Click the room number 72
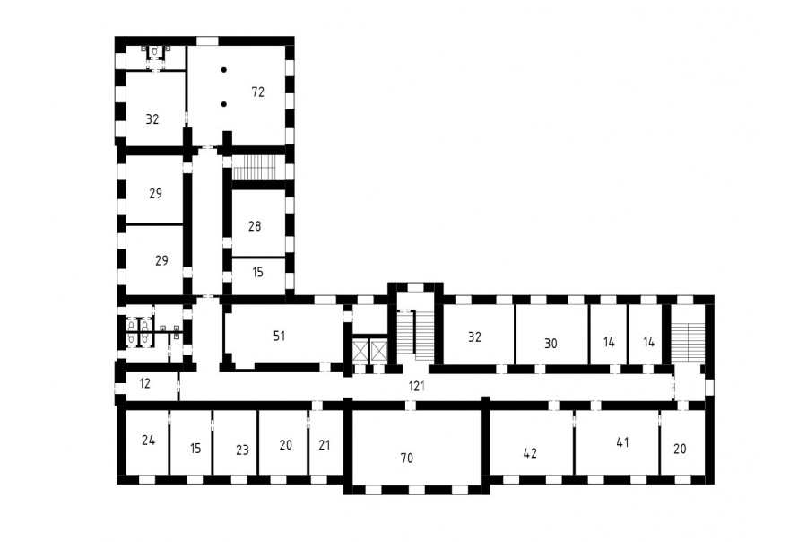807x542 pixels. tap(258, 92)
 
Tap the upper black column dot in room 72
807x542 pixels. tap(224, 70)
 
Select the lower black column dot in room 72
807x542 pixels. tap(224, 104)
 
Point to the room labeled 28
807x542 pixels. tap(255, 225)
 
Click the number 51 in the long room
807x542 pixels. tap(279, 336)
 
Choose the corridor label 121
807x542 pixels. tap(417, 386)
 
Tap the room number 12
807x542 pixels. tap(144, 383)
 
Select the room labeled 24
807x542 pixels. tap(148, 440)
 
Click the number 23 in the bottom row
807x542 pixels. tap(242, 450)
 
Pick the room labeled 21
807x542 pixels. tap(324, 444)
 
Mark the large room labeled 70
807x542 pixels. tap(406, 458)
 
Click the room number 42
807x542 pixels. tap(530, 453)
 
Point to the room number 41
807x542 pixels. tap(622, 442)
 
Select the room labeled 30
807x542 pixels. tap(551, 343)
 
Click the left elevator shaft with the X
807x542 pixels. tap(360, 350)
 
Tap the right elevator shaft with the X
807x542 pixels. tap(378, 350)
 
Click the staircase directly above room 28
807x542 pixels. tap(255, 168)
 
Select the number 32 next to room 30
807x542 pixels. tap(474, 337)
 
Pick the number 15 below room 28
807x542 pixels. tap(258, 272)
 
